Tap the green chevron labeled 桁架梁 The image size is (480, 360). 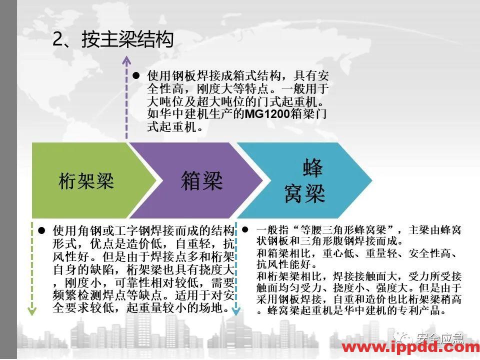(x=86, y=180)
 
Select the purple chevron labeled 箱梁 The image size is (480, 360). (x=201, y=180)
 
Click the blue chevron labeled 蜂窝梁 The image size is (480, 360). (x=305, y=180)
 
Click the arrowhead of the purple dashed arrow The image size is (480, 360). (x=126, y=61)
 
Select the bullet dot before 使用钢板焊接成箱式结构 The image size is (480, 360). (x=136, y=76)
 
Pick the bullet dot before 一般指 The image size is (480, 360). (x=245, y=230)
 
